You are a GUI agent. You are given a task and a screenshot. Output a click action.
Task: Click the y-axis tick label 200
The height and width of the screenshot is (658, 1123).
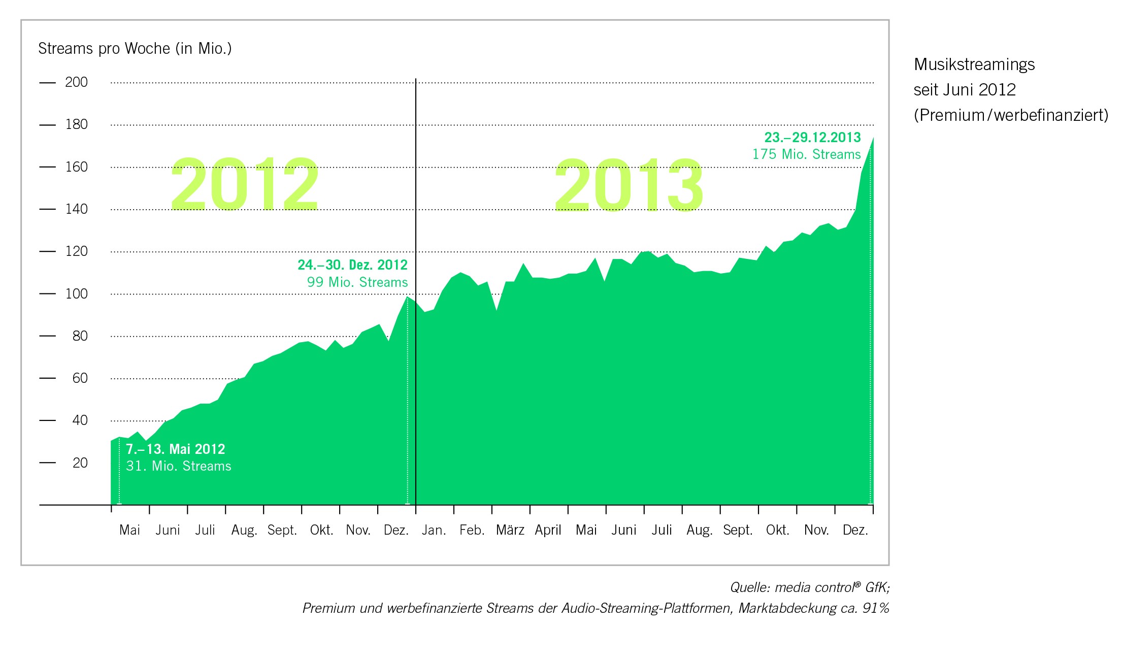point(76,82)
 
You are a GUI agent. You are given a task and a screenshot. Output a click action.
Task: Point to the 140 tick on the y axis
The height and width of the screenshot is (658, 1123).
point(76,209)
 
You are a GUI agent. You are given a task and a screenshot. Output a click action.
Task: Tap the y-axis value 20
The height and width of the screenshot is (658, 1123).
point(80,463)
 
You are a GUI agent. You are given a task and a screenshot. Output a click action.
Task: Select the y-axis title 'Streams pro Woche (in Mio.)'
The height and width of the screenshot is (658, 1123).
point(135,49)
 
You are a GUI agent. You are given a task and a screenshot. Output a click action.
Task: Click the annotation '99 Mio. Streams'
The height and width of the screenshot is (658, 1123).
point(357,282)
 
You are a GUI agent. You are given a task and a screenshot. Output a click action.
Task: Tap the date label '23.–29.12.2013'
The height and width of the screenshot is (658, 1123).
point(812,138)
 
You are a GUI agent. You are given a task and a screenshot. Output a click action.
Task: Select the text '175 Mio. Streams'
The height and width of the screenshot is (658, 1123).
point(806,154)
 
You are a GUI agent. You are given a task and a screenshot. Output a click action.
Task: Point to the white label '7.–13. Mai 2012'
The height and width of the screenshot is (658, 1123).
point(175,449)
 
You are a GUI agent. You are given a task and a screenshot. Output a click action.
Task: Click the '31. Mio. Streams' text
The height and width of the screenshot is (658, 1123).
point(179,466)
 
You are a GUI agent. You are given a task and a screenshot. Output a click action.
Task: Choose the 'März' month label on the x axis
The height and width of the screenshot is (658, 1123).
point(510,530)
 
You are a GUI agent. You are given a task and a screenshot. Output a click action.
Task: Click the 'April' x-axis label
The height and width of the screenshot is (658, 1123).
point(548,530)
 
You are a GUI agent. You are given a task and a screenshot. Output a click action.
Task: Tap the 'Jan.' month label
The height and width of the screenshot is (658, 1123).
point(434,530)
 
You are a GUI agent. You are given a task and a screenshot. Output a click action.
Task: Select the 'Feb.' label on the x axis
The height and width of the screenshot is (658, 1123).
point(472,530)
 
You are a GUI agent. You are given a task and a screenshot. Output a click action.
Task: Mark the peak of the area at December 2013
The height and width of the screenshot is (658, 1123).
point(873,138)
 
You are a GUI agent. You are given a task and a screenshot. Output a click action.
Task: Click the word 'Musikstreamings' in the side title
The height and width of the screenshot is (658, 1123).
point(974,64)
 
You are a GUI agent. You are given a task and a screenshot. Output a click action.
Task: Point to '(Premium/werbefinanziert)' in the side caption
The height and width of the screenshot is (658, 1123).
point(1011,115)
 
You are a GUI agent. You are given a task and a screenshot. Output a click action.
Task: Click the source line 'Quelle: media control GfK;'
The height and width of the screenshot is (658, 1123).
point(809,587)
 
